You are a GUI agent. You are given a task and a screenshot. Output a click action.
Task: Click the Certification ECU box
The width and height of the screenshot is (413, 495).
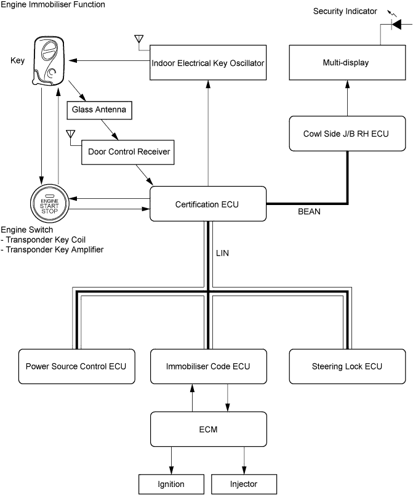208,204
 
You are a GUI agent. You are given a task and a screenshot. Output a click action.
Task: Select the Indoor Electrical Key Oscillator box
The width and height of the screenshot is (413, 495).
208,63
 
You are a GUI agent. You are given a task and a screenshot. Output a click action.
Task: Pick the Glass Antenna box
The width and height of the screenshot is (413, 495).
98,110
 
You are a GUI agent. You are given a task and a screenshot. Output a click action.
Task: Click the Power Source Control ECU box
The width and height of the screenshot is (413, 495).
76,366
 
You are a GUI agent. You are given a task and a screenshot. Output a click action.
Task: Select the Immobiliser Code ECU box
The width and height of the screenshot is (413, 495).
208,366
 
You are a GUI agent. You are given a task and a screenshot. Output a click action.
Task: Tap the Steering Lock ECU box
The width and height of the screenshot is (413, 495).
347,366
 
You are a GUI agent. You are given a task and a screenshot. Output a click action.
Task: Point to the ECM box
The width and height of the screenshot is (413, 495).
208,429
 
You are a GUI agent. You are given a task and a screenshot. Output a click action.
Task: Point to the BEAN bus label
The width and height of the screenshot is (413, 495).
309,211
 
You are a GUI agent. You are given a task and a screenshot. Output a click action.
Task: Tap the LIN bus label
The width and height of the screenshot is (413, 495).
223,253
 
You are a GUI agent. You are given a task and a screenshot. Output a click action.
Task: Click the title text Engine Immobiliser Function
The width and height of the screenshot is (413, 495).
53,5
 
